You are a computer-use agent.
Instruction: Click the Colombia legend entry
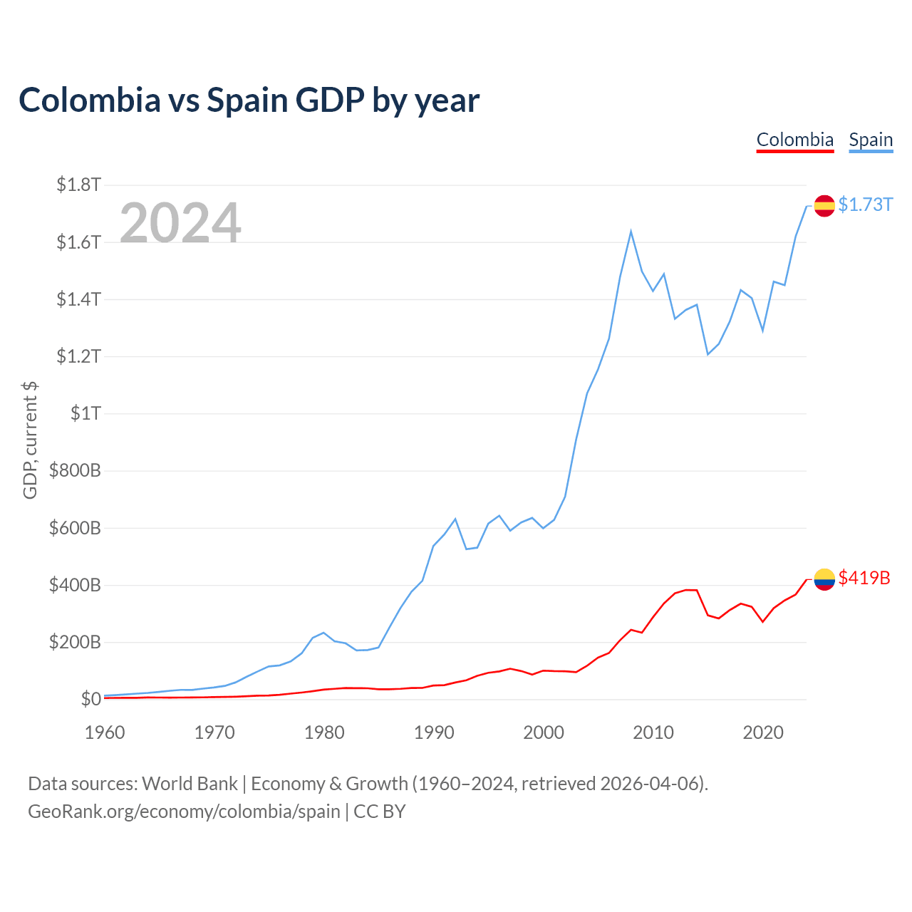point(794,140)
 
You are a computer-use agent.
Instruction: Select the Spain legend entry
point(871,140)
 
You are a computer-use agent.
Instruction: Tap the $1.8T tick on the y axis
point(78,185)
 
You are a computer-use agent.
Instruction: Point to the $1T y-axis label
point(85,413)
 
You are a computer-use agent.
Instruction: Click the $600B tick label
point(75,528)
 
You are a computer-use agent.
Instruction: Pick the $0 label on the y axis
point(91,698)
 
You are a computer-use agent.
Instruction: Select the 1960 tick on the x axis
point(105,732)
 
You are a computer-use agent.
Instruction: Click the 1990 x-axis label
point(434,732)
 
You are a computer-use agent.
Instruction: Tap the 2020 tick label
point(763,732)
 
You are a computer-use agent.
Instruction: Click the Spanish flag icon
point(824,206)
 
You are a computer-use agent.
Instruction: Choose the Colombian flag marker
point(824,579)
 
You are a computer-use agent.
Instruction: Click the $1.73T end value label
point(865,205)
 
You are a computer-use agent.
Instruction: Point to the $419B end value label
point(864,578)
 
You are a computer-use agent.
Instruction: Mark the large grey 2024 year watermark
point(180,222)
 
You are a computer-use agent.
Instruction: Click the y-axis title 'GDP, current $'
point(30,440)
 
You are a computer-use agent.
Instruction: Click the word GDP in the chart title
point(330,100)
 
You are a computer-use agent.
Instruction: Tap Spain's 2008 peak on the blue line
point(631,231)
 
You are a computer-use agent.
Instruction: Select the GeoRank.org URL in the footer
point(184,812)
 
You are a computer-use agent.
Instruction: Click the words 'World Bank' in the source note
point(190,784)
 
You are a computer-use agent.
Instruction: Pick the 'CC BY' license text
point(380,812)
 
